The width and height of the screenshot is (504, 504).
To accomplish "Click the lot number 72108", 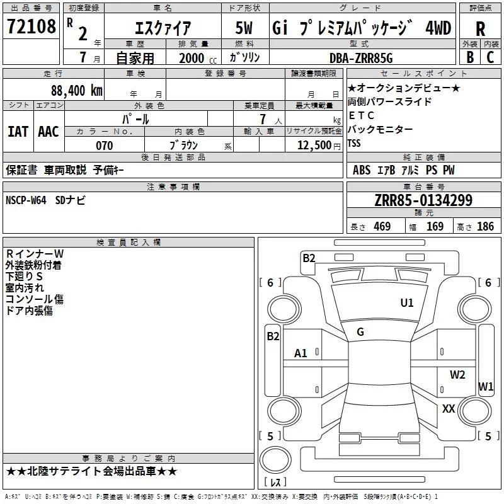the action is (31, 26).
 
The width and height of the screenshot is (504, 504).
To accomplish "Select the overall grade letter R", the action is (480, 29).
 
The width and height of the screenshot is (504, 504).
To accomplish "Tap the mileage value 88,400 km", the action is (77, 90).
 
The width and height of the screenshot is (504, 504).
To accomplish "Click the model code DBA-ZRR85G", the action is (361, 58).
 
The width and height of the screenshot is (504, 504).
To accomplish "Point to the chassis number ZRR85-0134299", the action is (423, 200).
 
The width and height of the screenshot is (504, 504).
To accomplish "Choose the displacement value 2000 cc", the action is (198, 58).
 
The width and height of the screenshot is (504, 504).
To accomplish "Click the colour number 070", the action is (105, 146).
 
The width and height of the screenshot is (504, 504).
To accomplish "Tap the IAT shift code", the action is (18, 132).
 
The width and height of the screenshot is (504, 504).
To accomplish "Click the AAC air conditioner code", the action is (49, 132).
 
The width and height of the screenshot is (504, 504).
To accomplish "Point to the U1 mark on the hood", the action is (407, 302).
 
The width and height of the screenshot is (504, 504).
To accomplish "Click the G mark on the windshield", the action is (360, 332).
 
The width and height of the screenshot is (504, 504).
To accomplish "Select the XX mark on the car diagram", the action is (449, 408).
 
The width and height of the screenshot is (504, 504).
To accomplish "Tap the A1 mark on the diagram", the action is (301, 353).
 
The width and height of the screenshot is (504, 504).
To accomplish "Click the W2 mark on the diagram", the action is (457, 374).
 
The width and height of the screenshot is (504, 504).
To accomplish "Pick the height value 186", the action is (485, 226).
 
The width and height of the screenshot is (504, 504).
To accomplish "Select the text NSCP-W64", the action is (26, 200).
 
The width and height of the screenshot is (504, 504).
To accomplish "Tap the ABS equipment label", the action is (362, 170).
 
